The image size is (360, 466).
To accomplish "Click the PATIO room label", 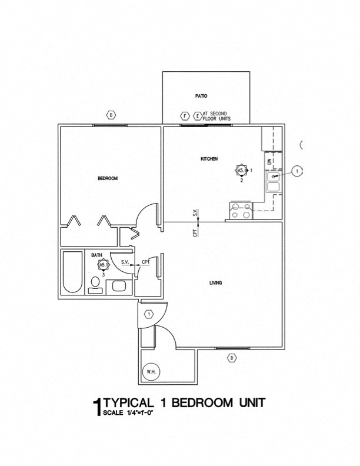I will tap(201, 95).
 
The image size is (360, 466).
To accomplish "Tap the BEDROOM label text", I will tap(108, 178).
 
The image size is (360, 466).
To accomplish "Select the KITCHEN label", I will tap(209, 159).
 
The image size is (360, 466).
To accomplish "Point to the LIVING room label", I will tap(215, 284).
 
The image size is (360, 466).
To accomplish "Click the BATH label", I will tap(96, 255).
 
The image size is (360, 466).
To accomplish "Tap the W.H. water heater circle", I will tap(151, 371).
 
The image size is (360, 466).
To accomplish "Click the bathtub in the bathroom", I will tap(74, 272).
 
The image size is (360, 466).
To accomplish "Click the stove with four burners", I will tap(241, 211).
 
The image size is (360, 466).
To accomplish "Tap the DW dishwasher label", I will tap(269, 160).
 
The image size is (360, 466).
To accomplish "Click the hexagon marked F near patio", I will tap(185, 116).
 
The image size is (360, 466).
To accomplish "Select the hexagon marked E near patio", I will tap(196, 116).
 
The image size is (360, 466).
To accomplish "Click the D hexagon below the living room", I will tap(232, 358).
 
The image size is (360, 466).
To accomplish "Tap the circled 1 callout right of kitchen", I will tap(298, 171).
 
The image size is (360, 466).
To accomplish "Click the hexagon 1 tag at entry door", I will tap(149, 314).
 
